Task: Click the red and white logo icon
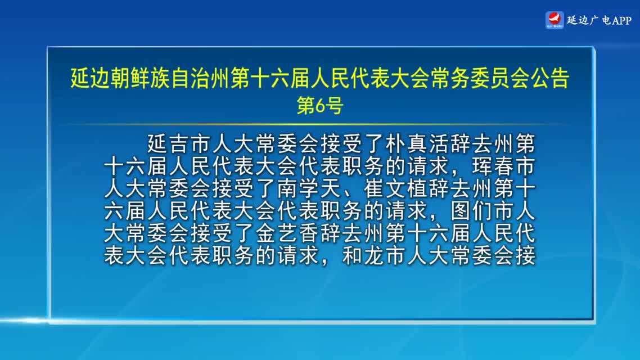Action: coord(555,20)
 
